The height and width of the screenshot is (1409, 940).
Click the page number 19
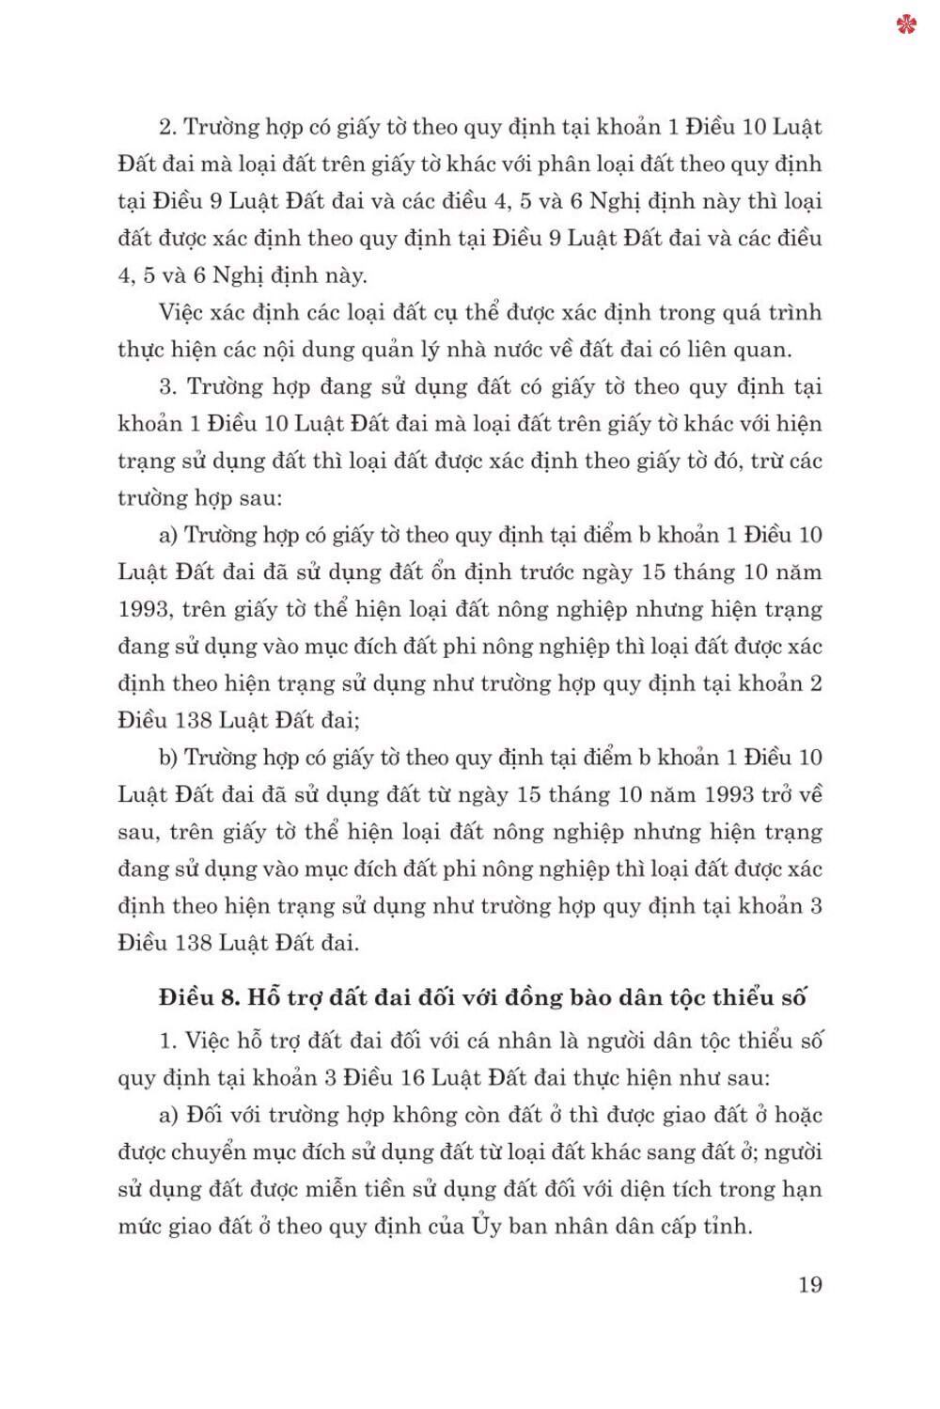tap(809, 1285)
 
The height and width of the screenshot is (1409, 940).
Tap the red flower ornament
tap(906, 24)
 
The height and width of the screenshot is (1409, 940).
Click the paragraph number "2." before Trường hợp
tap(168, 127)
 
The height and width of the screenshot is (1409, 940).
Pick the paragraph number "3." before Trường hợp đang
tap(168, 386)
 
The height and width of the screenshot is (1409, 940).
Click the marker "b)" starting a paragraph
tap(168, 758)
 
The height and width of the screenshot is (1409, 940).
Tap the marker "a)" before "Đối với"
tap(168, 1115)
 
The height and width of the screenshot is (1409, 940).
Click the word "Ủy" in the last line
tap(487, 1226)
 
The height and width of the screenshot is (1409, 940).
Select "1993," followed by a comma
tap(146, 609)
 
